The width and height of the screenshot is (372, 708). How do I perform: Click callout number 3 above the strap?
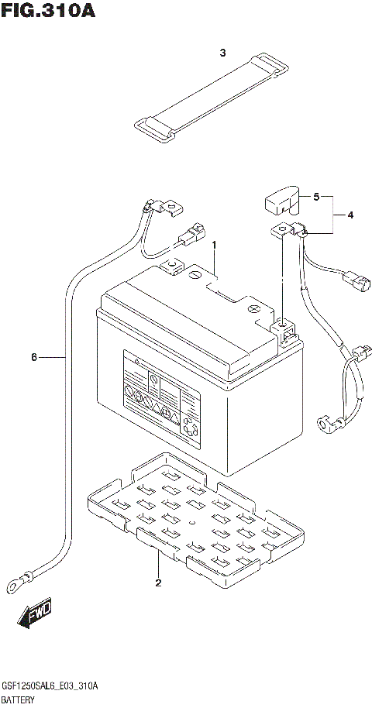(x=222, y=53)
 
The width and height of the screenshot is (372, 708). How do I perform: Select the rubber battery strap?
(x=207, y=98)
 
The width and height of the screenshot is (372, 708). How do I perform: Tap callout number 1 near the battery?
(x=215, y=245)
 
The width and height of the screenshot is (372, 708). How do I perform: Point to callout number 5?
(x=316, y=197)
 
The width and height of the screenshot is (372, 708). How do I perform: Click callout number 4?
(x=350, y=215)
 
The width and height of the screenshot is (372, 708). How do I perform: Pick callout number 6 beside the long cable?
(x=34, y=357)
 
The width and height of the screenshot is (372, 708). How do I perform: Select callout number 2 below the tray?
(x=158, y=583)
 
